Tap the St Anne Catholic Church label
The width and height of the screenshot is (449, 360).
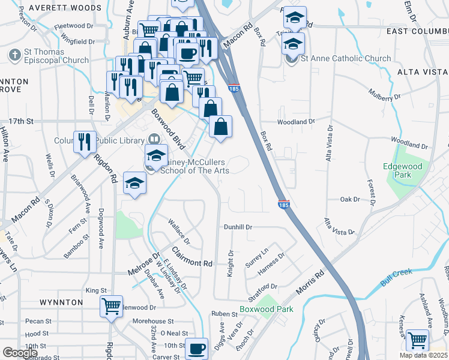click(x=339, y=59)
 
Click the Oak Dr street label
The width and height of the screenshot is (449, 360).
click(x=349, y=199)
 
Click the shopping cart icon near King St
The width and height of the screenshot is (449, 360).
click(x=112, y=306)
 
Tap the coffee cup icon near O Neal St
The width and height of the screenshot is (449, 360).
click(x=196, y=348)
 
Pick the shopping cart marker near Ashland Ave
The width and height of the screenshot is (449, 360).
click(x=417, y=340)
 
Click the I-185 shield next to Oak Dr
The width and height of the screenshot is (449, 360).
click(x=284, y=205)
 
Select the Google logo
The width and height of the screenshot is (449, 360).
click(x=20, y=353)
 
